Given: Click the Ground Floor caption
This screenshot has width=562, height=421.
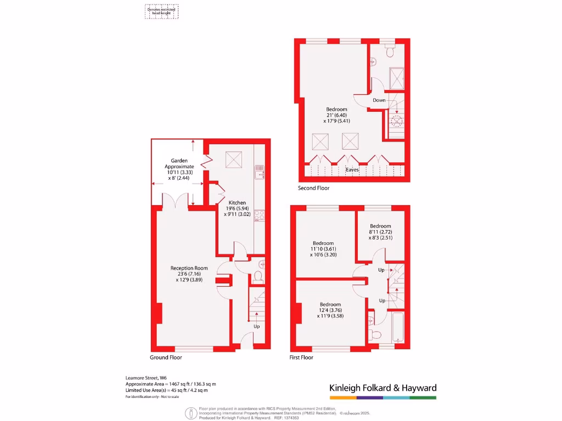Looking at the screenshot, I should (x=166, y=357).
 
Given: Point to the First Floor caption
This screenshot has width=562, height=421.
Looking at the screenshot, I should (x=301, y=357).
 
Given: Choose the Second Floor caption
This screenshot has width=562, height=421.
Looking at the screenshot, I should (x=314, y=188).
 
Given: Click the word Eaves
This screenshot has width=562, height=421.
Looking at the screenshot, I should (x=352, y=170).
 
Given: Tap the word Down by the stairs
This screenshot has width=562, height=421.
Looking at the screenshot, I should (x=379, y=100).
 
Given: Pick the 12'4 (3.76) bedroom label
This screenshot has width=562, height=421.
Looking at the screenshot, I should (x=330, y=310).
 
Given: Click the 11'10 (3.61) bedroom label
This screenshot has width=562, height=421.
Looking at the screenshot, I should (x=323, y=249).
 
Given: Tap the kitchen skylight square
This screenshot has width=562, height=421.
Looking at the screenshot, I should (x=234, y=160).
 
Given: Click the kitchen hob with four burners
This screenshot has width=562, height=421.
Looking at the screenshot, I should (x=260, y=215).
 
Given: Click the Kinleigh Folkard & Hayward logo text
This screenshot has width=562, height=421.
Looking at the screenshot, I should (x=383, y=388).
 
